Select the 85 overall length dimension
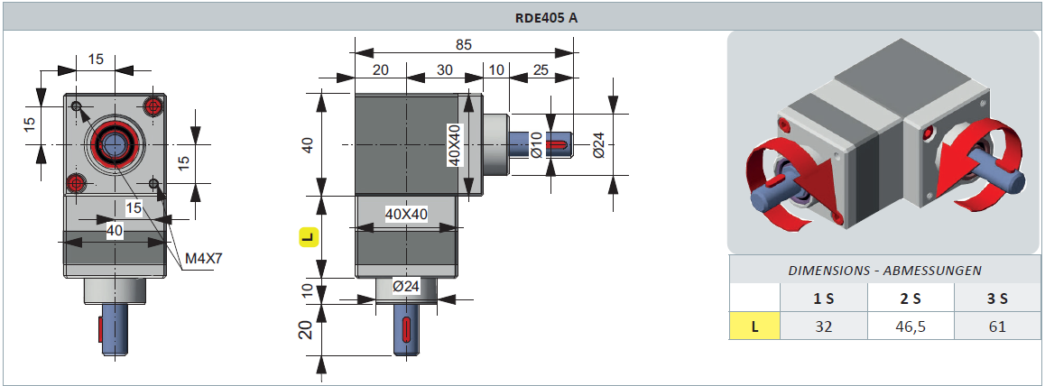tap(463, 45)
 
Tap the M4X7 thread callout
tap(203, 259)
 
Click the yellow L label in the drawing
tap(309, 237)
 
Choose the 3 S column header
tap(996, 299)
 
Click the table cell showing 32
tap(823, 326)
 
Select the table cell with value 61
tap(996, 326)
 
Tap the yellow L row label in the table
tap(754, 326)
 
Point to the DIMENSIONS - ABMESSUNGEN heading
tap(884, 270)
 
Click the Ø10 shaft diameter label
tap(536, 144)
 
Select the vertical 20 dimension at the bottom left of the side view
tap(307, 330)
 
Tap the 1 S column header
tap(823, 299)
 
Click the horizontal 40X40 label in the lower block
tap(406, 214)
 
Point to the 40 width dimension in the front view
tap(115, 231)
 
